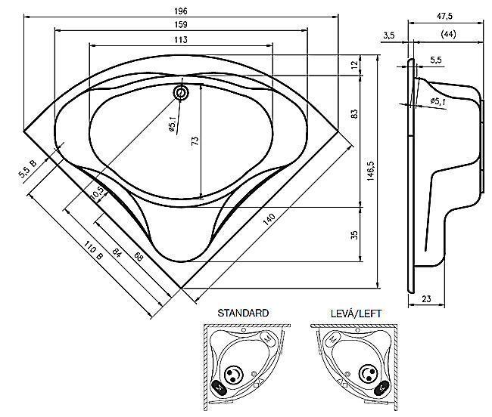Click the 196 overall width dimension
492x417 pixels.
point(181,11)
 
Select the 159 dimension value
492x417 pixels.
point(181,25)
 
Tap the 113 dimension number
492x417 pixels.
point(181,40)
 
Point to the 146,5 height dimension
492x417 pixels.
point(371,171)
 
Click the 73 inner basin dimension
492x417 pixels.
point(195,141)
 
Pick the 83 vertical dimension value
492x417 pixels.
point(354,113)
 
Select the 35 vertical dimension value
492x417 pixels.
point(354,235)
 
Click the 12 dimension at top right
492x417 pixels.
point(354,65)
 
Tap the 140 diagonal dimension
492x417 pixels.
point(269,219)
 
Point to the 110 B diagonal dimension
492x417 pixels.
point(93,251)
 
